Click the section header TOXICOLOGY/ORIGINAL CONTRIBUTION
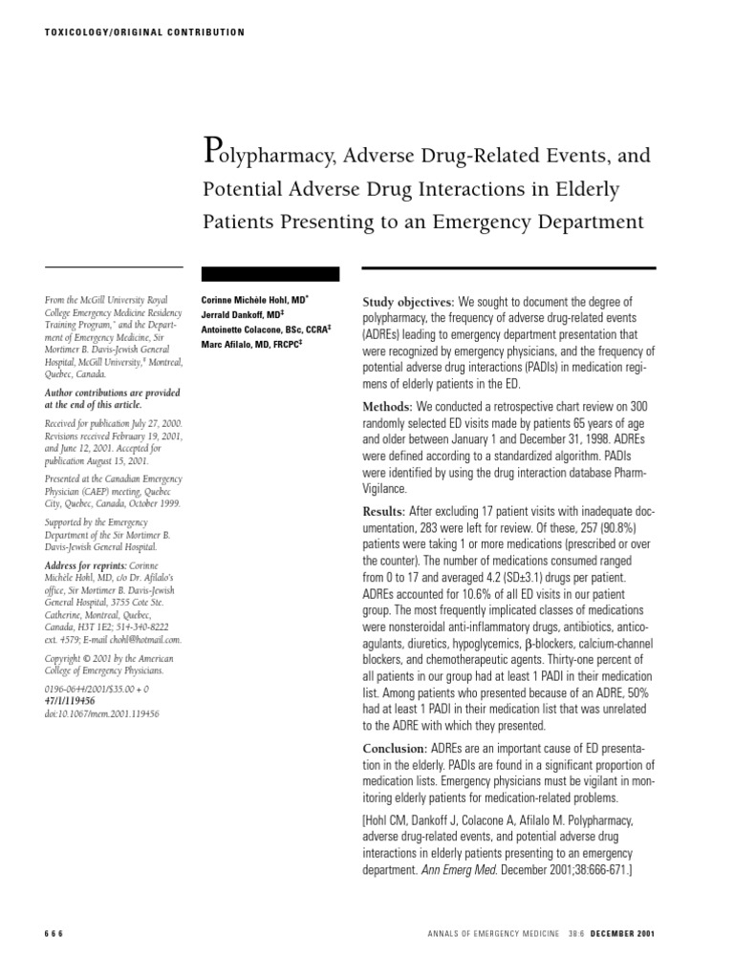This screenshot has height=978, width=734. pyautogui.click(x=144, y=32)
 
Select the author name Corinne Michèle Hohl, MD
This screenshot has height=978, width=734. pyautogui.click(x=253, y=300)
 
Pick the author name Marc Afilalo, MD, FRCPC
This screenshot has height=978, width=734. pyautogui.click(x=251, y=344)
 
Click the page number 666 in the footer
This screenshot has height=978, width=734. pyautogui.click(x=54, y=933)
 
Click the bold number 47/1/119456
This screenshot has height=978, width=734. pyautogui.click(x=77, y=700)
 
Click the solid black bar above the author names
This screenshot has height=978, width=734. pyautogui.click(x=270, y=273)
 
